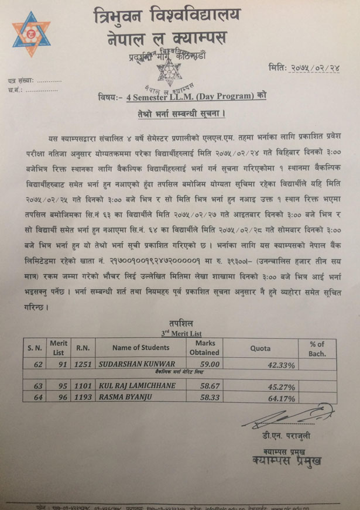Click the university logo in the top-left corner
31,34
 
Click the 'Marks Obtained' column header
204,347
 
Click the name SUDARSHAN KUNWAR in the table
136,363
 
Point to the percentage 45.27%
280,387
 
